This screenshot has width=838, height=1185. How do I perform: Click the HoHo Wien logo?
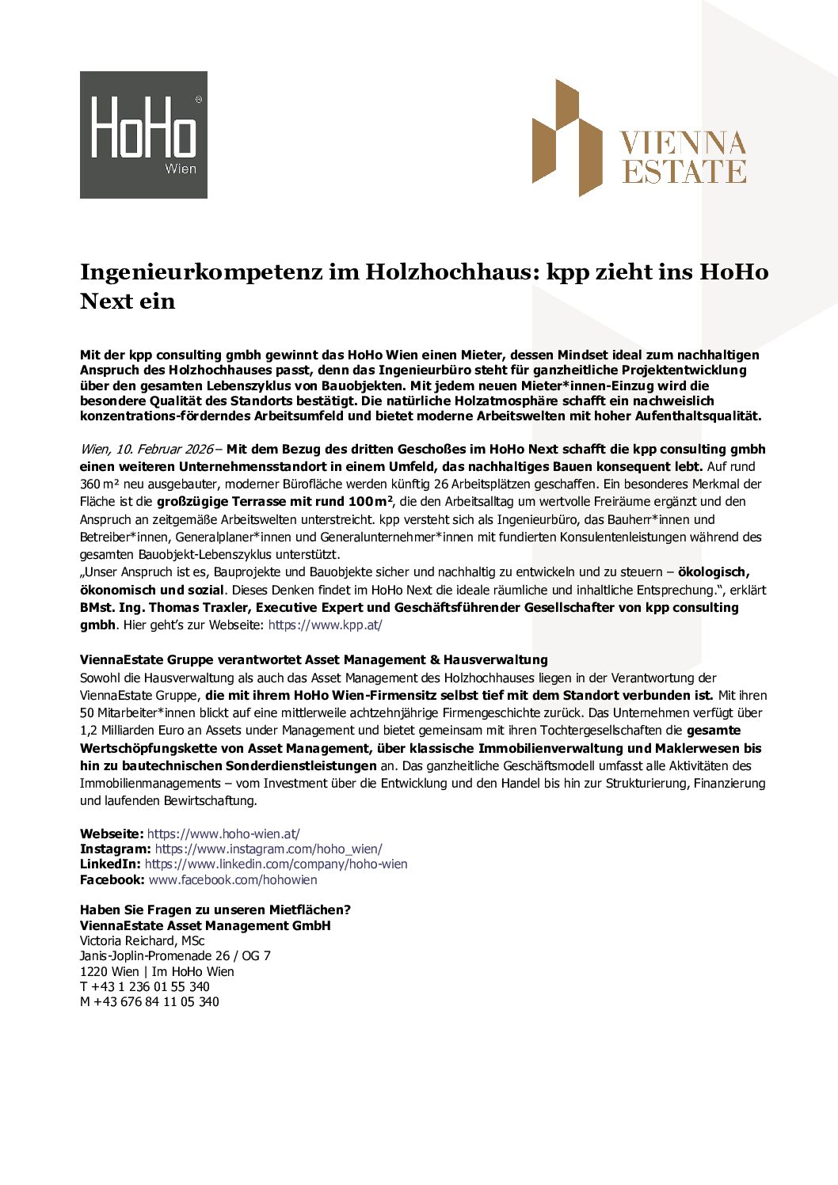pos(143,135)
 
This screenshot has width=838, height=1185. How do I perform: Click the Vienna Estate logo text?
pos(684,158)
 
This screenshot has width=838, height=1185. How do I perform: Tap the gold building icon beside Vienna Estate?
pos(566,137)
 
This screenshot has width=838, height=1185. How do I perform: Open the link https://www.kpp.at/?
pos(325,625)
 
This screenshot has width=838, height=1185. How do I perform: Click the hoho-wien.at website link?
pos(223,834)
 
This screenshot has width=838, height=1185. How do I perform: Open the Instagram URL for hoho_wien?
pos(269,849)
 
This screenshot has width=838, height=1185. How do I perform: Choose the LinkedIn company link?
pos(276,864)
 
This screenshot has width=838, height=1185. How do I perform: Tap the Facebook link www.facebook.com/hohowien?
pos(233,880)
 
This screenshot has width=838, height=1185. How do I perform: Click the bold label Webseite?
pos(112,834)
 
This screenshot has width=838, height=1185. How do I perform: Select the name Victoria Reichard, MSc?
pos(142,941)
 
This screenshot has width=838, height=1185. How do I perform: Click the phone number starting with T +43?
pos(145,987)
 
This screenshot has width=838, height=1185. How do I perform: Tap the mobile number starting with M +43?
pos(150,1002)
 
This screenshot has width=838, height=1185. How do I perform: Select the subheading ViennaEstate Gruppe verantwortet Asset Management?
pos(314,660)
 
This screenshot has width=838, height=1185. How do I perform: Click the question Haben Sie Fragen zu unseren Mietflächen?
pos(215,910)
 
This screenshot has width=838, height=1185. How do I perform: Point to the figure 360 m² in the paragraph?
pos(99,484)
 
